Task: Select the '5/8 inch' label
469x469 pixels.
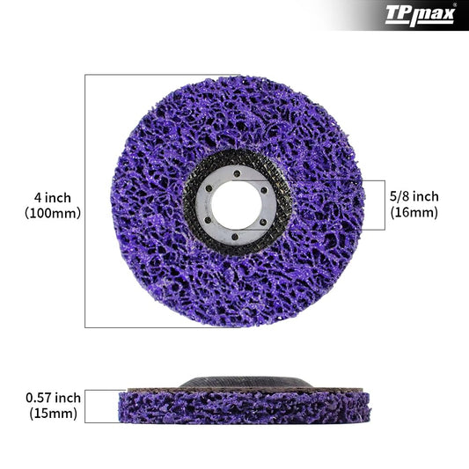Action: pos(414,196)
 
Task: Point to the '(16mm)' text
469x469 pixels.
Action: pos(414,212)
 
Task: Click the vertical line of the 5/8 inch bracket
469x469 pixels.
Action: pos(384,205)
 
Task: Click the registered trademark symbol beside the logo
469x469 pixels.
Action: pos(454,5)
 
